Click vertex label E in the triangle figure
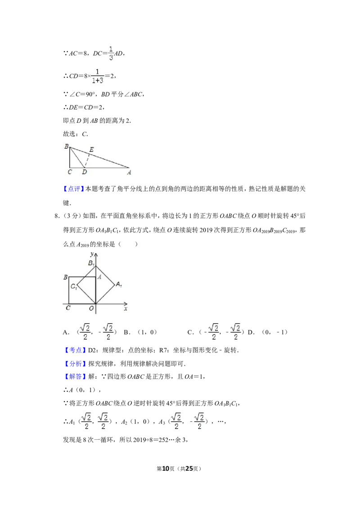[92, 149]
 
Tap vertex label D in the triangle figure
[85, 172]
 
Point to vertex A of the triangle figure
[129, 168]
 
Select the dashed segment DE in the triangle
[87, 160]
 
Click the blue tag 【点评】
[74, 188]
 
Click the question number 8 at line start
[57, 216]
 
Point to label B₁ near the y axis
[91, 263]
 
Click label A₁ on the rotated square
[119, 284]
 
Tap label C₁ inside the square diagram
[74, 286]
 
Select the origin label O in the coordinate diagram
[91, 308]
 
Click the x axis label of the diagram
[126, 309]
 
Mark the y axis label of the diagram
[92, 254]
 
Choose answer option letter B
[126, 332]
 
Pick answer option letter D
[251, 332]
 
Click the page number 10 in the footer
[166, 469]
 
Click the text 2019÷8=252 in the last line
[151, 440]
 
